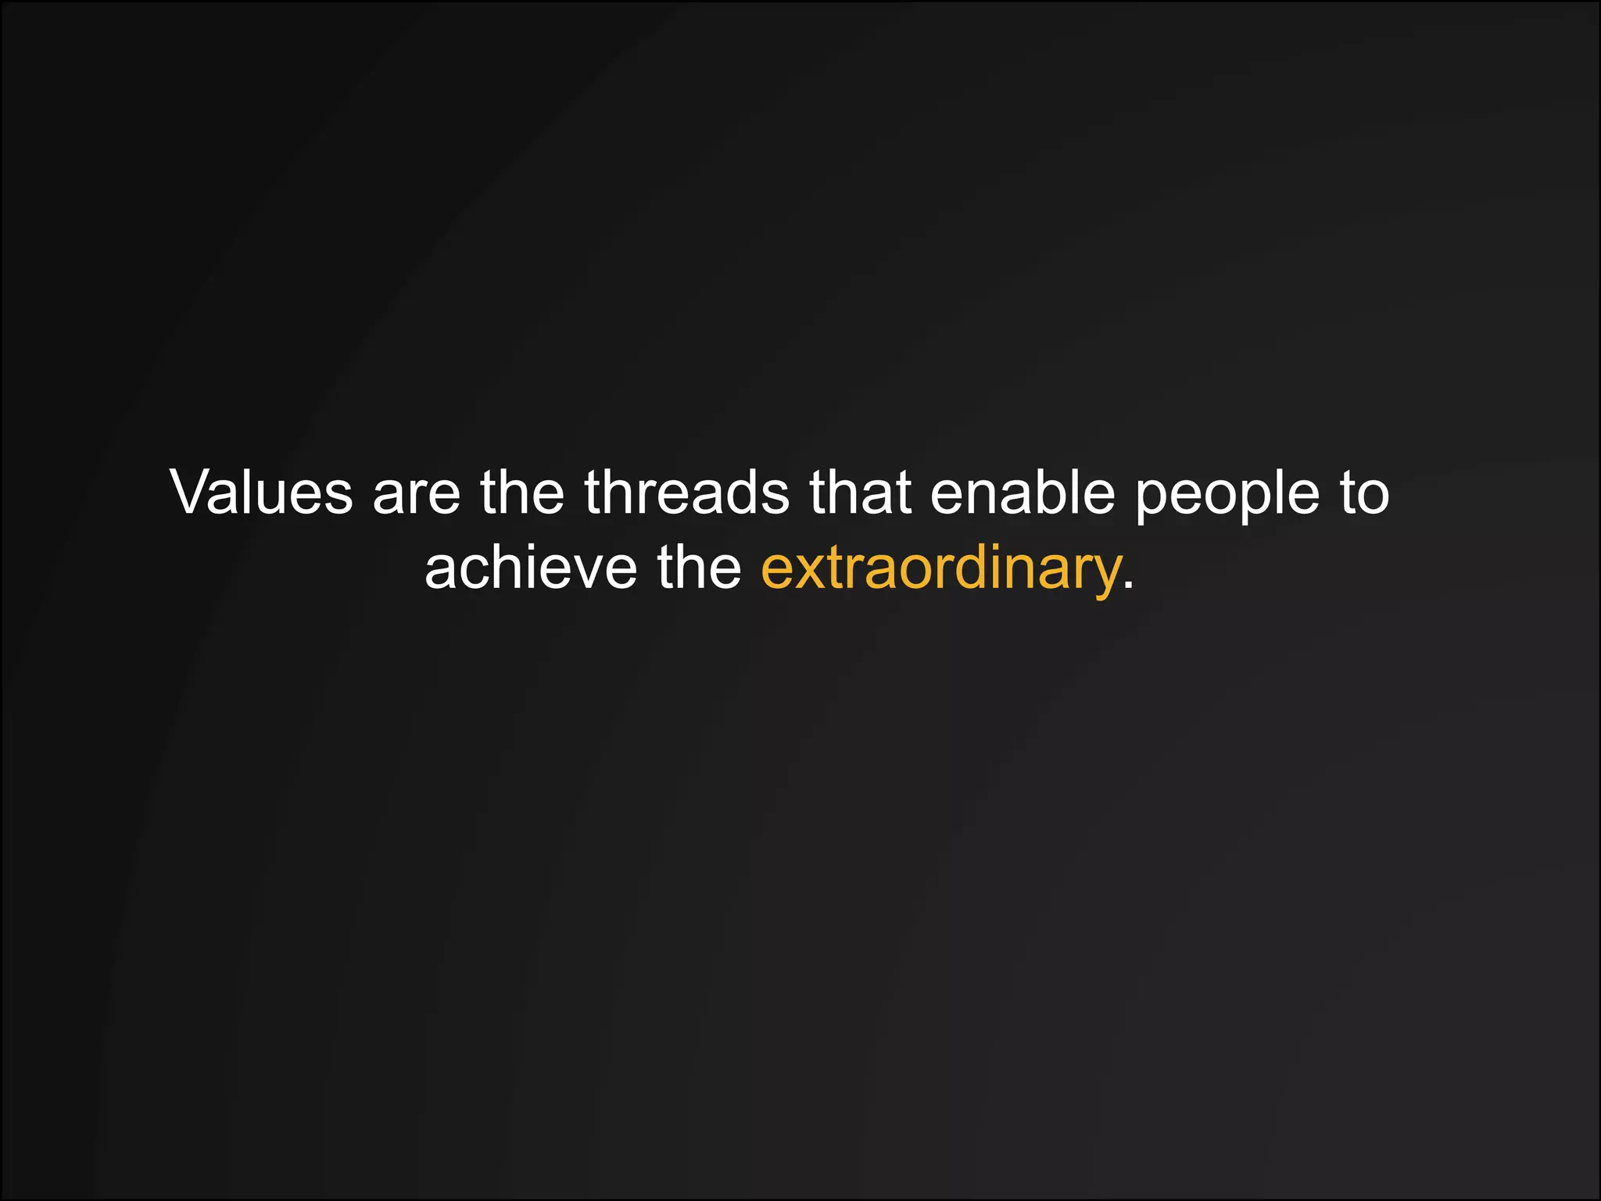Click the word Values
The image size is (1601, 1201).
click(x=262, y=493)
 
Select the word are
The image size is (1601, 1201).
click(x=416, y=494)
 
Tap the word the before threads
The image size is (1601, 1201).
click(x=521, y=493)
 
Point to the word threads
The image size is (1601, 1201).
click(x=686, y=493)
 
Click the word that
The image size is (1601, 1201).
click(x=860, y=493)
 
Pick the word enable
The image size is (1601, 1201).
click(x=1022, y=493)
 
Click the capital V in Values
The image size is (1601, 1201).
click(x=195, y=493)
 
